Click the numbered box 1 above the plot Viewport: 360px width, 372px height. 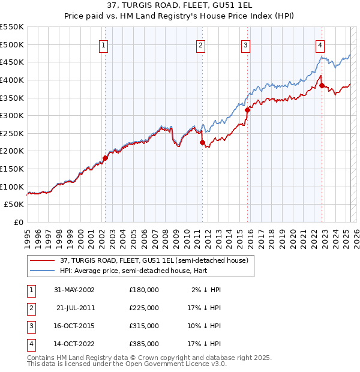[x=104, y=45]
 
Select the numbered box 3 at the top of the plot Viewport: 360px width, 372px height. [x=246, y=45]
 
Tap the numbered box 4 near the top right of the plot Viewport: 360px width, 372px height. [x=320, y=45]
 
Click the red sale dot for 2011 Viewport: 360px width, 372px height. [x=202, y=142]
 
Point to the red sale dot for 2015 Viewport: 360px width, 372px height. [x=247, y=110]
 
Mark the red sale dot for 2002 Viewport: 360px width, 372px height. [x=105, y=158]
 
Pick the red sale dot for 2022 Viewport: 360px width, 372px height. [x=322, y=85]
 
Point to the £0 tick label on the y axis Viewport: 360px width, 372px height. [x=18, y=223]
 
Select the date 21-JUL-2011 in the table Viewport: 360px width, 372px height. [x=76, y=307]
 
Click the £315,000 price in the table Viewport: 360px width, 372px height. [x=143, y=326]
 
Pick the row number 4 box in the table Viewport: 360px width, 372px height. [x=30, y=344]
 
